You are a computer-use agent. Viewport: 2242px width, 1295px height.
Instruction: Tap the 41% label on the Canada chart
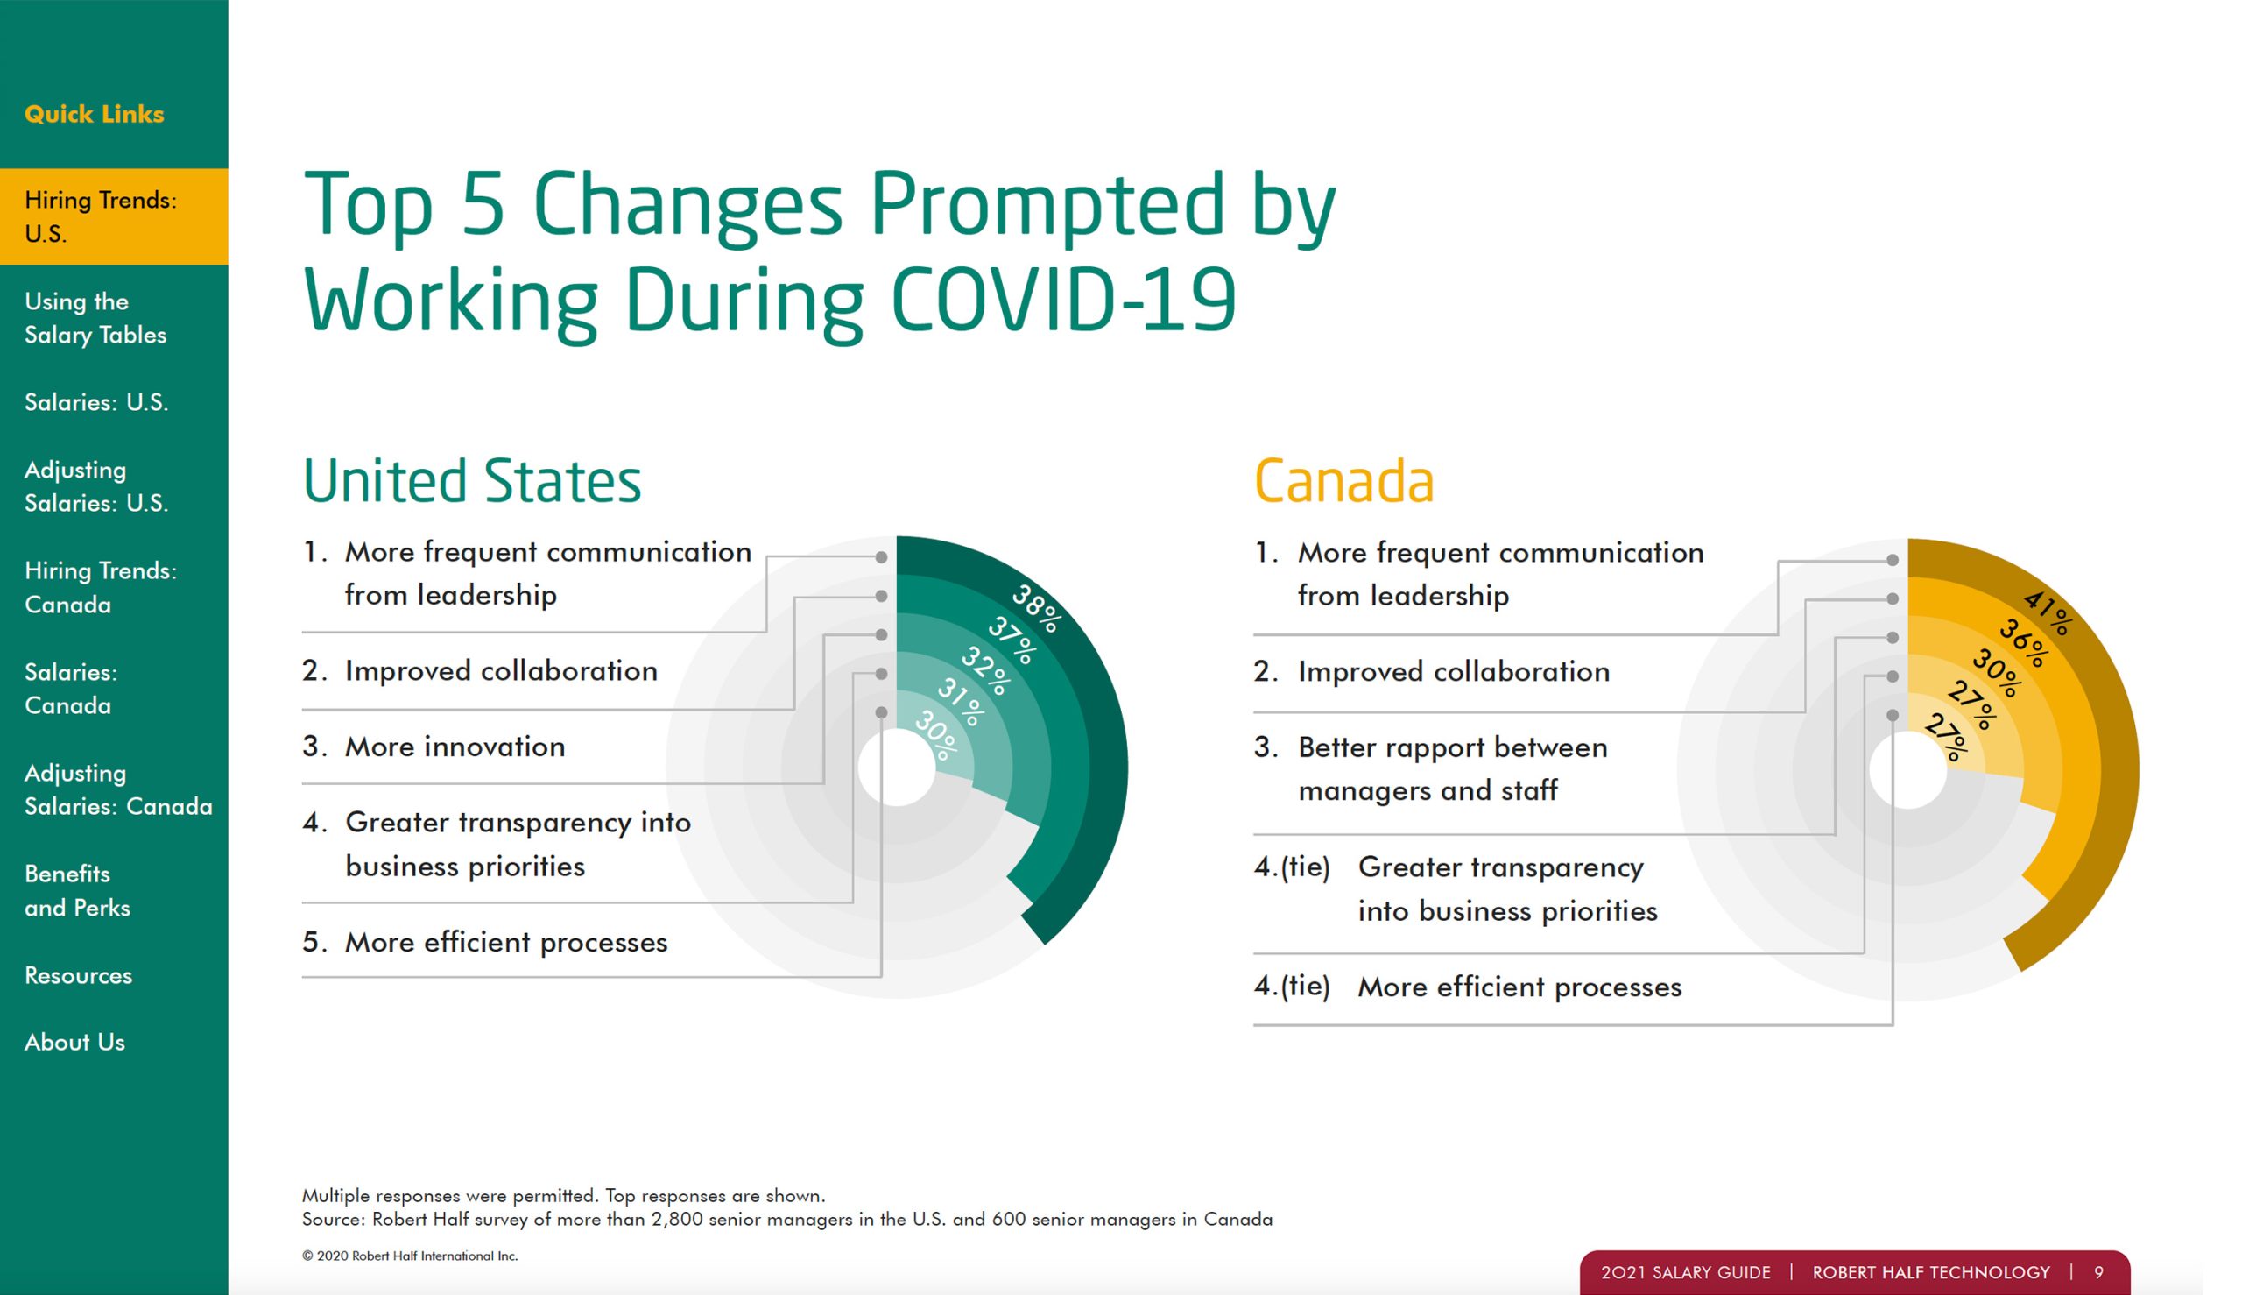pos(2048,613)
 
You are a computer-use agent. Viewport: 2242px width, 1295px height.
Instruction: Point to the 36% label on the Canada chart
pos(2023,643)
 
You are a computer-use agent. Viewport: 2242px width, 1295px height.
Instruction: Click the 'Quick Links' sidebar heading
pos(95,114)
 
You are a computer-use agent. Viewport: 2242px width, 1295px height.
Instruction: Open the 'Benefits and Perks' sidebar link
pos(77,890)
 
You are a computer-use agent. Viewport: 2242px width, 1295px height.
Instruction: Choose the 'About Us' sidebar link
pos(74,1042)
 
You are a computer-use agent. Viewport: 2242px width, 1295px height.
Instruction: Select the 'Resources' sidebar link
pos(78,975)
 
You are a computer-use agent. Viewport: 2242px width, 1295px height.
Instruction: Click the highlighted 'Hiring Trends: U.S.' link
pos(101,216)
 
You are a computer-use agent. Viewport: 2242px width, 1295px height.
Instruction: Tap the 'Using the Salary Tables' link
pos(95,317)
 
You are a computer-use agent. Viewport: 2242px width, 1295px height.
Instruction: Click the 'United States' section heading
pos(472,480)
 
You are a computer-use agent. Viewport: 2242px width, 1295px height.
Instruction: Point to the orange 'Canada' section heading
pos(1344,481)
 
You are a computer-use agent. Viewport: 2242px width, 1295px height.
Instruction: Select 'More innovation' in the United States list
pos(455,747)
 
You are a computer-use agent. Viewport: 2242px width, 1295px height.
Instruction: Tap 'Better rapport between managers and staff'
pos(1453,768)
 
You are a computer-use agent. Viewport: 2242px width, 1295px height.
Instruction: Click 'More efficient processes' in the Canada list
pos(1519,987)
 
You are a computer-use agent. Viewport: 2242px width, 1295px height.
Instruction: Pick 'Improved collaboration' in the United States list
pos(501,670)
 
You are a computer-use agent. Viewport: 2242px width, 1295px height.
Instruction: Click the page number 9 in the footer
pos(2099,1273)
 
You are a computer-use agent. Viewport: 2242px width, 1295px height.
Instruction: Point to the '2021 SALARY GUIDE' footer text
pos(1686,1273)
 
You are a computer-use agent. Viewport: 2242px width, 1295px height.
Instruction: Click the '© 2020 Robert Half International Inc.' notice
pos(410,1256)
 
